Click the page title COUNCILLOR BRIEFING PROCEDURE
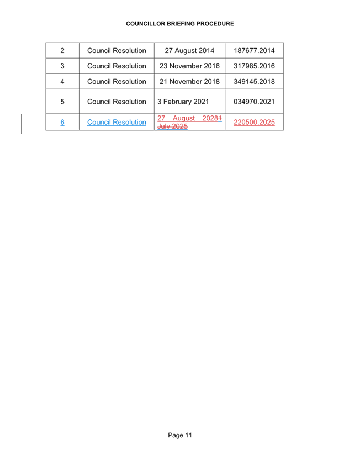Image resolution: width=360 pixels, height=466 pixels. (x=180, y=24)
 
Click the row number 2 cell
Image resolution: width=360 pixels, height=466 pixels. (x=62, y=51)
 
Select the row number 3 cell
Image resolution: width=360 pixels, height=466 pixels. (x=62, y=66)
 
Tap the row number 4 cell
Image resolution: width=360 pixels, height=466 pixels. (x=62, y=82)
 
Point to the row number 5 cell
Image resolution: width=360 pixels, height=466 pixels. (x=62, y=102)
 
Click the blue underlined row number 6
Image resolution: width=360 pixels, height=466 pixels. (x=62, y=122)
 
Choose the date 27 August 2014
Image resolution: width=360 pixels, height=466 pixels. (x=189, y=51)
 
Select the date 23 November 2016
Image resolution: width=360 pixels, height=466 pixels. (x=189, y=66)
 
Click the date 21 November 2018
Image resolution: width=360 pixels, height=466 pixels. (x=189, y=82)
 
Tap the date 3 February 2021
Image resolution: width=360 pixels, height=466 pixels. (x=183, y=102)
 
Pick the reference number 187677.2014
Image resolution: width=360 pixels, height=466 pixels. (x=254, y=51)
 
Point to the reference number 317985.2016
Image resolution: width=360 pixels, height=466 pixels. (x=254, y=66)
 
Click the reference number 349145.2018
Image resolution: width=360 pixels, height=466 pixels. (x=254, y=82)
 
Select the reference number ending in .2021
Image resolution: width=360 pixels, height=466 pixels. (x=254, y=102)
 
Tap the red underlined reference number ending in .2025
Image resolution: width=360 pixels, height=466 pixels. (x=254, y=123)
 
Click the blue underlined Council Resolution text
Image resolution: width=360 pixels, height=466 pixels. (x=117, y=122)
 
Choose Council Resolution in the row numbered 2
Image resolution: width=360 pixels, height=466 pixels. (x=117, y=51)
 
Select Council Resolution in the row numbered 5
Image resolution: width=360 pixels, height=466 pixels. (x=117, y=102)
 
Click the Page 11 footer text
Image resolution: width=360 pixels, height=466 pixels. (x=180, y=436)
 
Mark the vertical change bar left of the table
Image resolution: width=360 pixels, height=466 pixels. (x=22, y=123)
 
